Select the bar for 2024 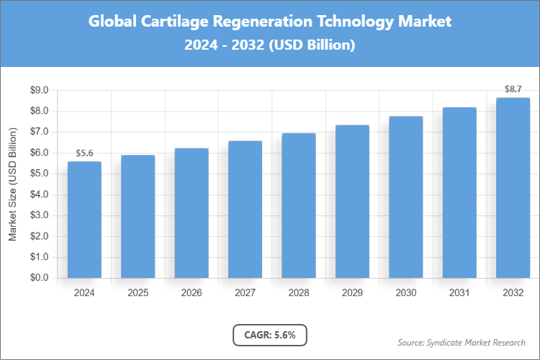pos(84,220)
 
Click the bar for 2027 pos(245,210)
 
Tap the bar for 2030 pos(405,197)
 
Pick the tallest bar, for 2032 pos(513,188)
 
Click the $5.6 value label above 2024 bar pos(84,153)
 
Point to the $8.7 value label pos(513,89)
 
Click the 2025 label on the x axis pos(138,293)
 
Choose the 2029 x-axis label pos(352,293)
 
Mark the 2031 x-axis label pos(459,293)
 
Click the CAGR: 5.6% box pos(270,335)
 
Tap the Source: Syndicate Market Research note pos(462,342)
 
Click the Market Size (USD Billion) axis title pos(12,184)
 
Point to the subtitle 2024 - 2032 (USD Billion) pos(270,45)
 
